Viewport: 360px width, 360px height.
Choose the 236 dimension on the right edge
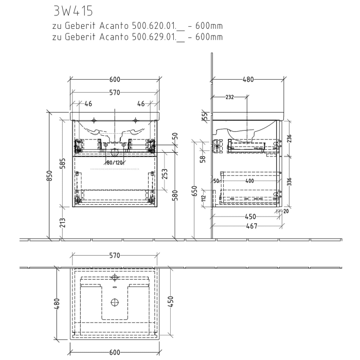pyautogui.click(x=289, y=138)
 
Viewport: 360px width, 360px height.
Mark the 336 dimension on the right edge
pyautogui.click(x=289, y=182)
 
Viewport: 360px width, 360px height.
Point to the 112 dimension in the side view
pyautogui.click(x=204, y=197)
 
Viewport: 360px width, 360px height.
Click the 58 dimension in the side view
pyautogui.click(x=203, y=159)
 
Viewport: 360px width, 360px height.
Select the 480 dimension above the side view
pyautogui.click(x=248, y=80)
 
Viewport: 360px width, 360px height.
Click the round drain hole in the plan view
pyautogui.click(x=115, y=302)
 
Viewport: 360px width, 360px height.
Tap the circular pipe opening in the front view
pyautogui.click(x=115, y=152)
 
